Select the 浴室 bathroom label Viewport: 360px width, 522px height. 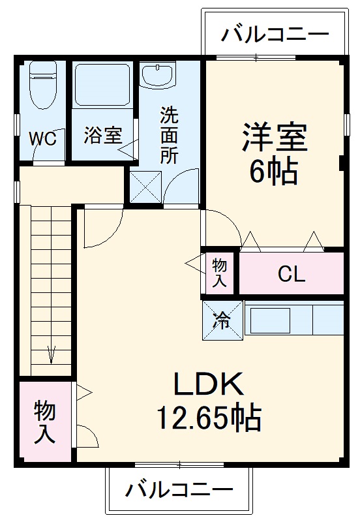coord(102,136)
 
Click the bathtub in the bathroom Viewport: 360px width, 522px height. coord(102,86)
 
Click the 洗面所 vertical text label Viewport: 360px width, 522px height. coord(169,136)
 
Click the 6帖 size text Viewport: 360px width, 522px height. coord(274,172)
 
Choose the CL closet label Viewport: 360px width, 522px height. coord(291,275)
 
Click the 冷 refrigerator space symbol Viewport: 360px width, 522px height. coord(222,320)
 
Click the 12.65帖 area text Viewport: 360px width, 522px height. coord(208,417)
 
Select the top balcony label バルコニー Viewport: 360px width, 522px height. coord(275,34)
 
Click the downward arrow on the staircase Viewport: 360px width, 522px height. coord(51,356)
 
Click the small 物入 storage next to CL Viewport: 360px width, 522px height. coord(220,273)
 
